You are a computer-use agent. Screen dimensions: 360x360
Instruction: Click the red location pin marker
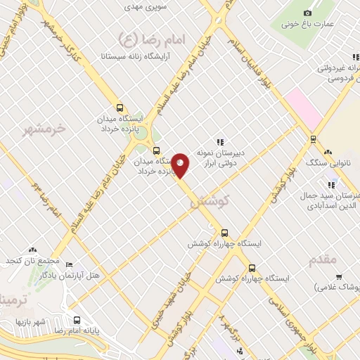pos(181,165)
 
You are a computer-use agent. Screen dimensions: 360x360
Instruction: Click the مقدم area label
pos(323,259)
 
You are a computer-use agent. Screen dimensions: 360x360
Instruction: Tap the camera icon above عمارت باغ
pos(307,13)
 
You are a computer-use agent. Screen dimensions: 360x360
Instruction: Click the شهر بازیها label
pos(34,322)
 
